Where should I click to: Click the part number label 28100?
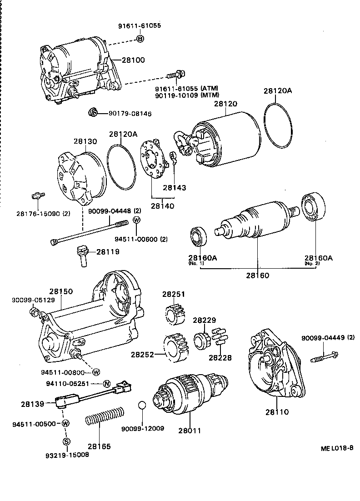pos(133,60)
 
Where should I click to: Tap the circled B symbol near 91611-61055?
pos(140,39)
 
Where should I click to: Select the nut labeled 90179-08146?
pos(92,113)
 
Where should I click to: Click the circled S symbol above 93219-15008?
pos(66,441)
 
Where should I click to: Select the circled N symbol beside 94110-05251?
pos(106,383)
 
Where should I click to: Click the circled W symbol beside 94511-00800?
pos(96,372)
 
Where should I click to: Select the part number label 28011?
pos(189,431)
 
